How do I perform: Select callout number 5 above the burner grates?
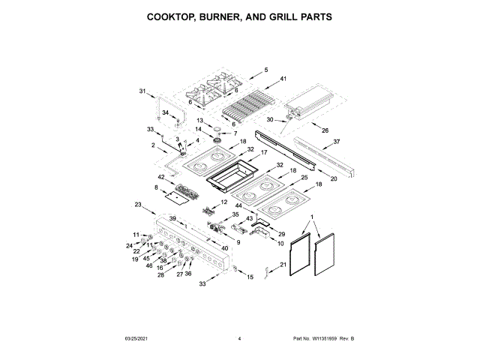[x=265, y=70]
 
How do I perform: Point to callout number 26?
[x=325, y=130]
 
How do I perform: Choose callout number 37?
[x=337, y=142]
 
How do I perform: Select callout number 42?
[x=160, y=178]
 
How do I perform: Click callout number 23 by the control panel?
[x=138, y=204]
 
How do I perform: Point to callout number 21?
[x=283, y=265]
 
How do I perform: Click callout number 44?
[x=238, y=205]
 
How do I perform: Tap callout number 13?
[x=200, y=120]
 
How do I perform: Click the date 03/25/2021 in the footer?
[x=133, y=340]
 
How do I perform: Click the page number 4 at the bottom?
[x=239, y=340]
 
